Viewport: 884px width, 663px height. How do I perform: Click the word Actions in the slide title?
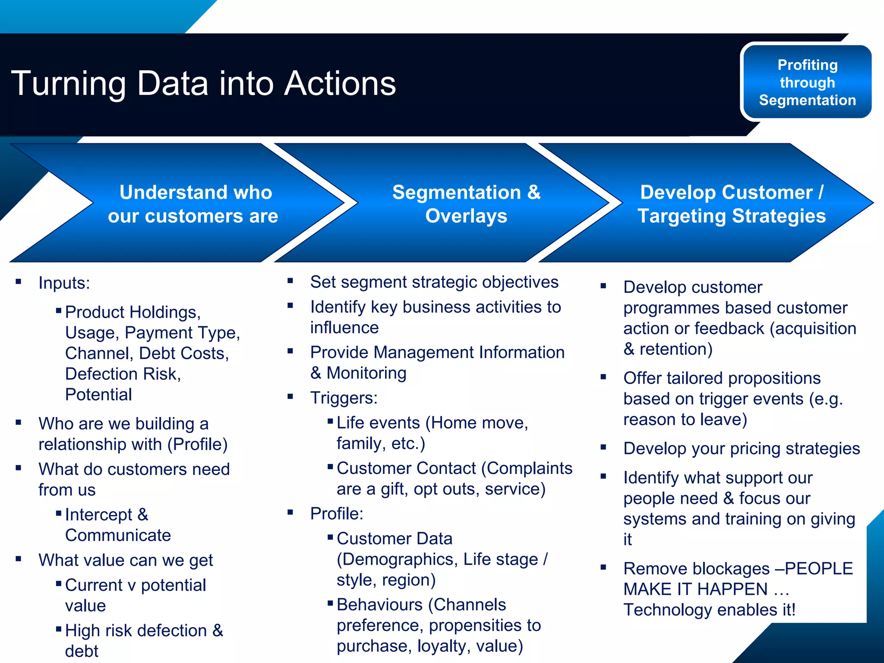[340, 83]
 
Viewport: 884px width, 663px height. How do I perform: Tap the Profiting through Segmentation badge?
[807, 82]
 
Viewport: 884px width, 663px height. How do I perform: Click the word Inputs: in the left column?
[64, 283]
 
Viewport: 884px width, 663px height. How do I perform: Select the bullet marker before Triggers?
[290, 396]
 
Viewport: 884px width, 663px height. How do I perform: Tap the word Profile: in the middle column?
[337, 514]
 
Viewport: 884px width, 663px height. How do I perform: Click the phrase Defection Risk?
[123, 374]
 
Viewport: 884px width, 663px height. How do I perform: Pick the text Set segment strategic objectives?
[434, 282]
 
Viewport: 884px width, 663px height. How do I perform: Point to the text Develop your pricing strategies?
[742, 448]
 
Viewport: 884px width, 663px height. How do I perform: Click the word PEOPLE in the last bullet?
[819, 568]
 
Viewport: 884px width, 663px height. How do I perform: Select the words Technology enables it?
[709, 610]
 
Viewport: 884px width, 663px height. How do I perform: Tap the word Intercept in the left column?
[98, 515]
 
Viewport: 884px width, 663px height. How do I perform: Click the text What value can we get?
[126, 560]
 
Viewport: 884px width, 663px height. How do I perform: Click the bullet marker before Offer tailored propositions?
[603, 377]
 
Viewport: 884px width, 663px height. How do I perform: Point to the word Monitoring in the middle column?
[366, 373]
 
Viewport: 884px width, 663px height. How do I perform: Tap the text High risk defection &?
[144, 631]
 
